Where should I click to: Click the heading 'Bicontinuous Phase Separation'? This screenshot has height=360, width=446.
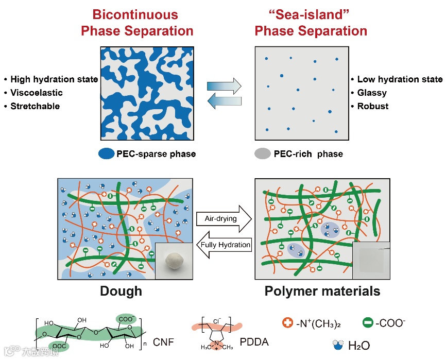(x=136, y=22)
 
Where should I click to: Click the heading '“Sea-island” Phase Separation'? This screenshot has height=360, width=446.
(x=311, y=22)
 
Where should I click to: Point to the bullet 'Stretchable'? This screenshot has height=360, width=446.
(x=35, y=106)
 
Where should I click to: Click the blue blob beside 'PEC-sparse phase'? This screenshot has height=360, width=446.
(x=106, y=153)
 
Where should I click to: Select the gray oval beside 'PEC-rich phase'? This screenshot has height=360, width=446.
(x=263, y=153)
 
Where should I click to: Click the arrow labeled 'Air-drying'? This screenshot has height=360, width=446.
(x=223, y=219)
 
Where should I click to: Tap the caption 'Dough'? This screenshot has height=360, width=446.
(x=121, y=291)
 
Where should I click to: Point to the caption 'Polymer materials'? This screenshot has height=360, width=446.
(x=322, y=291)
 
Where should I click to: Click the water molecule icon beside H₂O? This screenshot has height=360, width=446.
(x=338, y=344)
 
